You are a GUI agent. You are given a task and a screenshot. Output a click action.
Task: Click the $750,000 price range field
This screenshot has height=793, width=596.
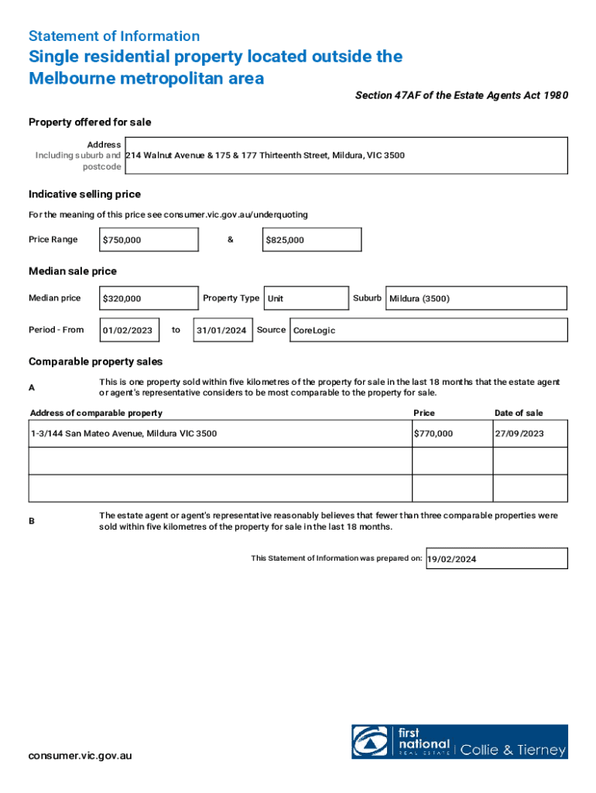click(x=149, y=240)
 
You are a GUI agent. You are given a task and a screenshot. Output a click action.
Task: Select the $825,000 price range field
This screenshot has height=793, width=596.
click(x=312, y=240)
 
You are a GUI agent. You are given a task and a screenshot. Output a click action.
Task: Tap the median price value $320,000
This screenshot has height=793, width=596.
click(x=149, y=298)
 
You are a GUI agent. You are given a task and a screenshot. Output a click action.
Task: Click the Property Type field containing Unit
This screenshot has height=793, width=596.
click(x=306, y=298)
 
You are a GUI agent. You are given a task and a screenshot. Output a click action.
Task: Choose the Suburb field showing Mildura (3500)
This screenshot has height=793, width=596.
click(x=475, y=298)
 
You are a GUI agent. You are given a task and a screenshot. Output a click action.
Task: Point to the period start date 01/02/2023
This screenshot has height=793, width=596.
click(x=129, y=331)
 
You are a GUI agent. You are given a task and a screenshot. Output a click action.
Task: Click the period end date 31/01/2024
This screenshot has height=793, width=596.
click(x=222, y=331)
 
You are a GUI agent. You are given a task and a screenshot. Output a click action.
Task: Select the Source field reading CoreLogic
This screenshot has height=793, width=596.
click(x=427, y=331)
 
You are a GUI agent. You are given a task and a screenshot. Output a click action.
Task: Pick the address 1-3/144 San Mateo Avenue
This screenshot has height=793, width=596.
click(x=124, y=434)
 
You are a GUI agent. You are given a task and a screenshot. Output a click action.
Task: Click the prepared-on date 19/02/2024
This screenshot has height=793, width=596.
click(x=496, y=558)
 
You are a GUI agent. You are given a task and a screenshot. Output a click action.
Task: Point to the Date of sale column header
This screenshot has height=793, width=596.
click(x=519, y=413)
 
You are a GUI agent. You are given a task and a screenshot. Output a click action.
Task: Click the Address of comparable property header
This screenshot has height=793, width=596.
click(x=96, y=413)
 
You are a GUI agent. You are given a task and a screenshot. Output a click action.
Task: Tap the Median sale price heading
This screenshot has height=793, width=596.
click(x=73, y=271)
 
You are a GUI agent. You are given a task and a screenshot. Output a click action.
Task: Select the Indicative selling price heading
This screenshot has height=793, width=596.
click(x=84, y=194)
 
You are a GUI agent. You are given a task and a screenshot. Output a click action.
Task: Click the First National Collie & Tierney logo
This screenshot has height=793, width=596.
click(x=459, y=742)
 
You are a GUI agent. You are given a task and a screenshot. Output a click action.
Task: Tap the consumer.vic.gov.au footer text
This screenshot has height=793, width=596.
click(x=80, y=756)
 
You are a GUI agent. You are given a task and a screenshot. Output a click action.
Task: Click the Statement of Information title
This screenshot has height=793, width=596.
click(x=114, y=36)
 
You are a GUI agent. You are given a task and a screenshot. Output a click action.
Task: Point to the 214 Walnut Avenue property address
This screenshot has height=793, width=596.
click(x=265, y=156)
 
